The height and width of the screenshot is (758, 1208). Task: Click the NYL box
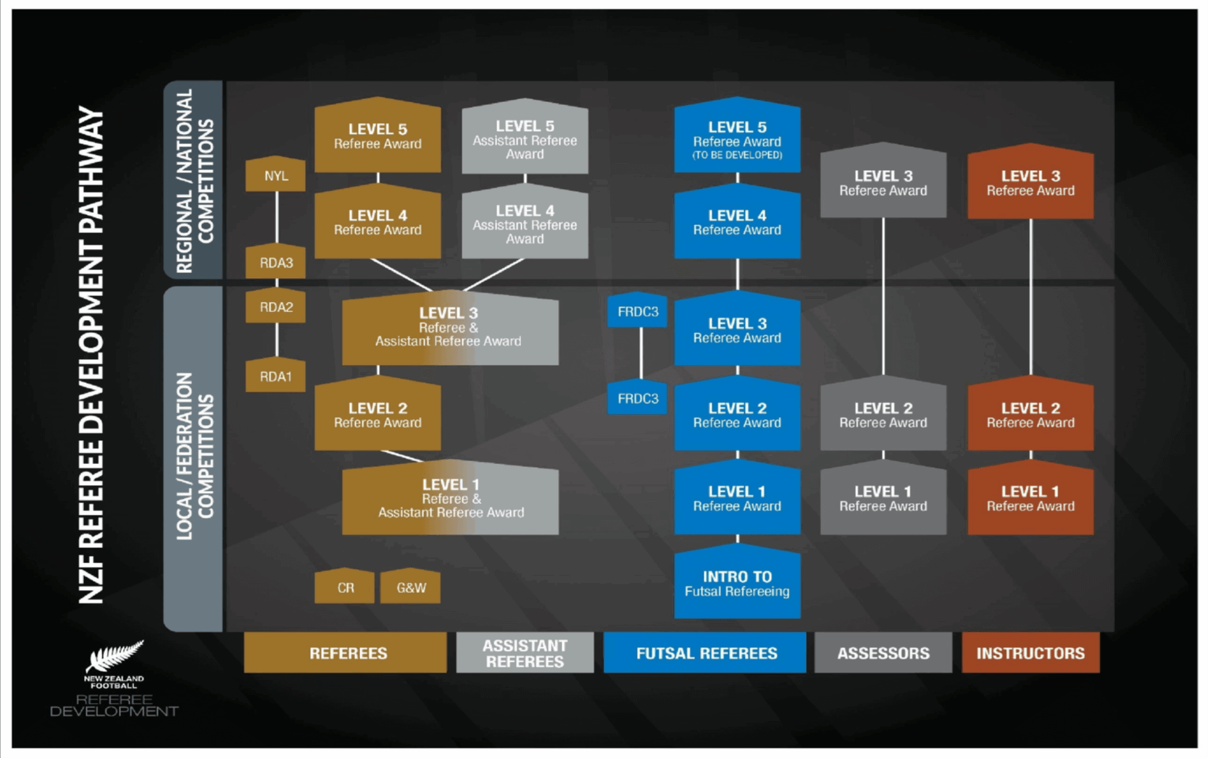click(275, 175)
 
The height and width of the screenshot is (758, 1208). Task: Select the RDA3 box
click(275, 263)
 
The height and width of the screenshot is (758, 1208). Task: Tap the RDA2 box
click(275, 307)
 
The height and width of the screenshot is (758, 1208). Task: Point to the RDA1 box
click(275, 376)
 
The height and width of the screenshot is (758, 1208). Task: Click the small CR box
click(345, 587)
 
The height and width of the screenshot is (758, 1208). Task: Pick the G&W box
click(411, 587)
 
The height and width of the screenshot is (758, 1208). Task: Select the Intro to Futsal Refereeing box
click(737, 584)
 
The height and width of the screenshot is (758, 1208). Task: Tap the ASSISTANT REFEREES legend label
click(525, 653)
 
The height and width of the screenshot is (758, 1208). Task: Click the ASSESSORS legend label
click(883, 653)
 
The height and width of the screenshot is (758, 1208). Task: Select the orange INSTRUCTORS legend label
click(1030, 653)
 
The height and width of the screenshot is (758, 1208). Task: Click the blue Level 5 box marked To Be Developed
click(737, 138)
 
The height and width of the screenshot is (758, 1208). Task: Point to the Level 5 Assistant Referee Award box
click(525, 139)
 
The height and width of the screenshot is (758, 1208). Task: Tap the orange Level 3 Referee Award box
click(1030, 183)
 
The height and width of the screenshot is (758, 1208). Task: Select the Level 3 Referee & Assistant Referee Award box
click(449, 327)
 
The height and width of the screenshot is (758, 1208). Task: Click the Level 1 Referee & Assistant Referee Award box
click(449, 499)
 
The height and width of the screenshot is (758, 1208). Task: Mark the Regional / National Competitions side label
click(193, 180)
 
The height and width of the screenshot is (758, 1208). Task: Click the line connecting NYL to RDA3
click(277, 217)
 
